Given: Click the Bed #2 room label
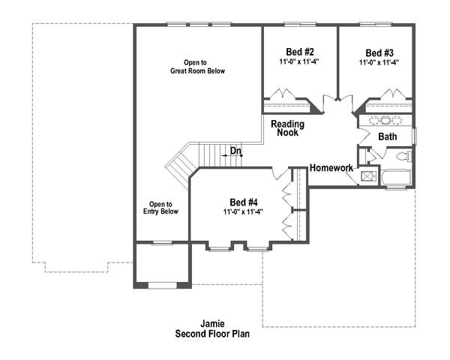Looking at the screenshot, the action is (x=299, y=52).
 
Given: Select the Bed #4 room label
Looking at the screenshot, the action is (x=244, y=202).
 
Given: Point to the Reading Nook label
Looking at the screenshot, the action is (x=287, y=128).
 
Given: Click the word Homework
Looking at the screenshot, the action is (x=331, y=168).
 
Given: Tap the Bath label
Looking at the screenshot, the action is (x=388, y=136).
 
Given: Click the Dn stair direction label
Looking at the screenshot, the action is (x=235, y=151).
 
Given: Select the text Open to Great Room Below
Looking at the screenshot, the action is (x=197, y=67).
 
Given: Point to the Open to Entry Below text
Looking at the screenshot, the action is (x=160, y=208).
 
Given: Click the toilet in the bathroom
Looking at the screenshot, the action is (x=403, y=157).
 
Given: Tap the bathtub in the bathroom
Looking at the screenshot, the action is (x=396, y=178).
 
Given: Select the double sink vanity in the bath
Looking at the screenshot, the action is (x=385, y=120).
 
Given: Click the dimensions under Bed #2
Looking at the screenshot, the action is (x=299, y=61).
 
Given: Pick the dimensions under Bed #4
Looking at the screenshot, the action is (x=243, y=212).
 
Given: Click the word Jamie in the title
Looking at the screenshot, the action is (x=212, y=324).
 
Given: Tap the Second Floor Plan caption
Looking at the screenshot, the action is (x=212, y=334).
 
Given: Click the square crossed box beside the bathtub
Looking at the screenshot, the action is (x=367, y=176).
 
